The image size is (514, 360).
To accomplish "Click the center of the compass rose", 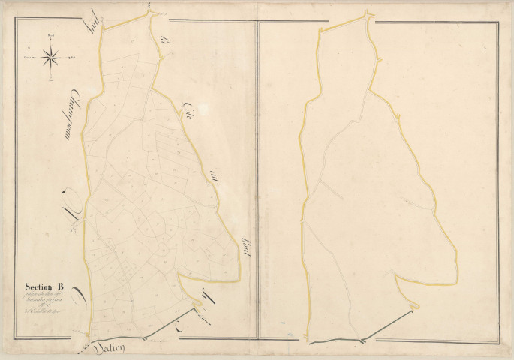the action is click(x=51, y=54).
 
